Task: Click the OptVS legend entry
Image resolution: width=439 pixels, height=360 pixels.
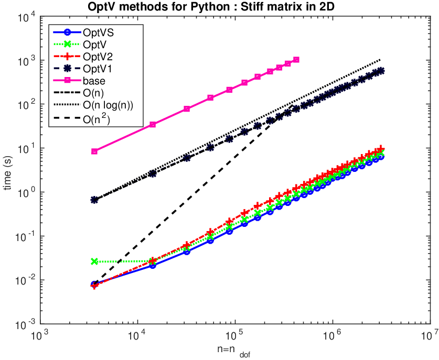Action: [x=98, y=32]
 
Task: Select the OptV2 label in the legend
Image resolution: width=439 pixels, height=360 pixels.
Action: [x=98, y=57]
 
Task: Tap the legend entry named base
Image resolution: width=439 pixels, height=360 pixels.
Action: [x=94, y=81]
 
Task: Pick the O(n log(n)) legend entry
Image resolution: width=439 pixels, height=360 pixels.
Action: [x=108, y=105]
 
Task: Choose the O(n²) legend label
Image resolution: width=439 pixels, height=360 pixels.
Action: [x=97, y=119]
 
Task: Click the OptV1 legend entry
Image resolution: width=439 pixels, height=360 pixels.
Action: [x=98, y=69]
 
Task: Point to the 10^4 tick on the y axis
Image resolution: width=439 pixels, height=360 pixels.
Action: [x=27, y=17]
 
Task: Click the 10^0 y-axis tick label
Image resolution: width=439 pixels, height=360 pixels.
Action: [x=27, y=193]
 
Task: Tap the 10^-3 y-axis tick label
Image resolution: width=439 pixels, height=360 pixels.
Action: [x=26, y=325]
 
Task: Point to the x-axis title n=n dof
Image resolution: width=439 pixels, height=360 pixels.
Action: [x=233, y=352]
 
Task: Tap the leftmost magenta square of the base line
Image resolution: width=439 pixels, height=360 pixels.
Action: [x=94, y=151]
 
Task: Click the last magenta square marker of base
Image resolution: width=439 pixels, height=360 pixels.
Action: [x=296, y=60]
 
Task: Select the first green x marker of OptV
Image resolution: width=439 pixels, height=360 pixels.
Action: [x=94, y=261]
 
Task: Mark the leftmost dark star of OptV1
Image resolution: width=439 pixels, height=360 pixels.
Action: [x=94, y=200]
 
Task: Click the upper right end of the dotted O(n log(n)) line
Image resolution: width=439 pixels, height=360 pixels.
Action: [x=380, y=59]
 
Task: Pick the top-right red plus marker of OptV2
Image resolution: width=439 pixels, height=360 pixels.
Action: [x=380, y=148]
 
